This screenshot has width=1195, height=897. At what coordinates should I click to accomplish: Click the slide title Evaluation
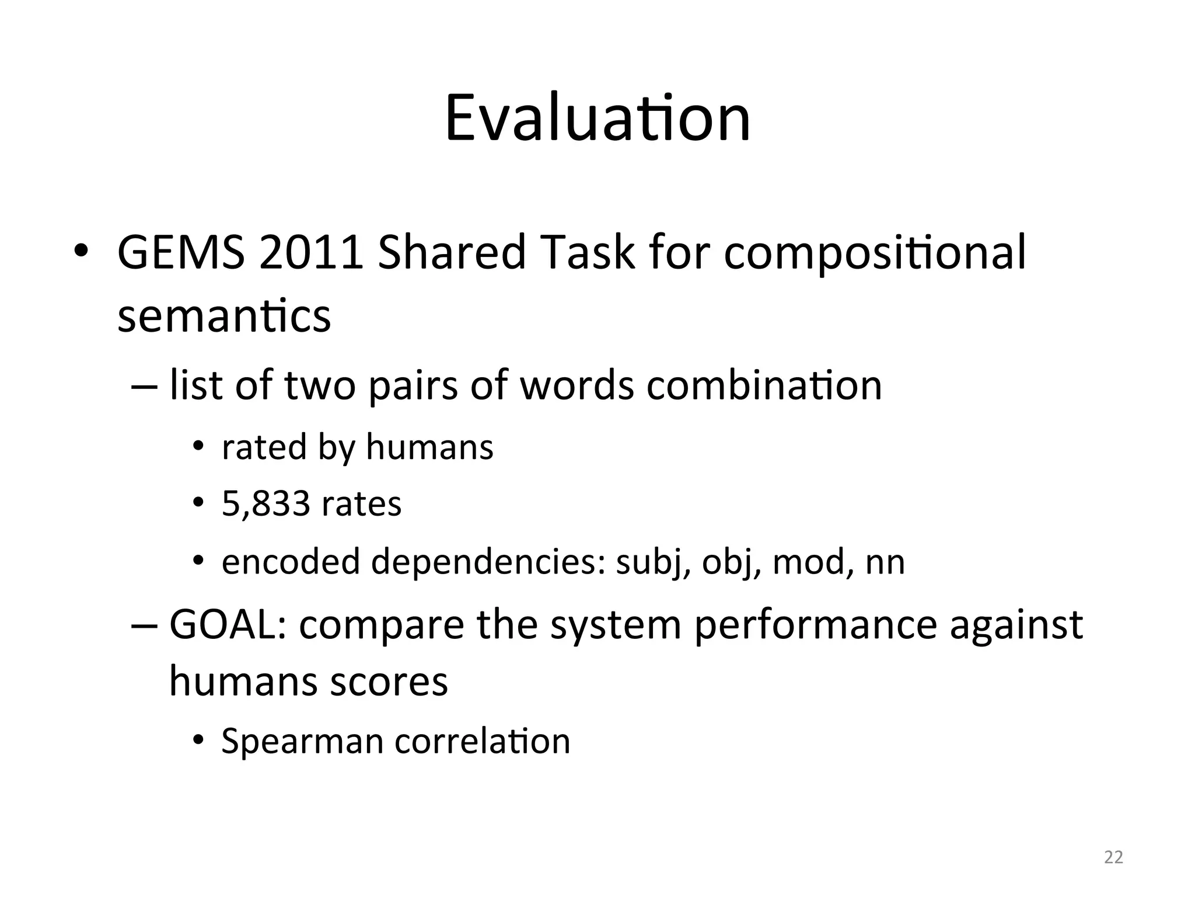597,120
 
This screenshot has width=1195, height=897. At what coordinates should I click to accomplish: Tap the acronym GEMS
181,253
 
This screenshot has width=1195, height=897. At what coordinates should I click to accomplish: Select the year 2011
312,253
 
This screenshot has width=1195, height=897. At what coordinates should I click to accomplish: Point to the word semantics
224,316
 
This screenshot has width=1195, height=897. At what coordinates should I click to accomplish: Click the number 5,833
265,503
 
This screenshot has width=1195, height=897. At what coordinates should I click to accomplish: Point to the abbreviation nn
885,563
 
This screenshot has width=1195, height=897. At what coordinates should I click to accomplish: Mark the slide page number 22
1113,857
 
